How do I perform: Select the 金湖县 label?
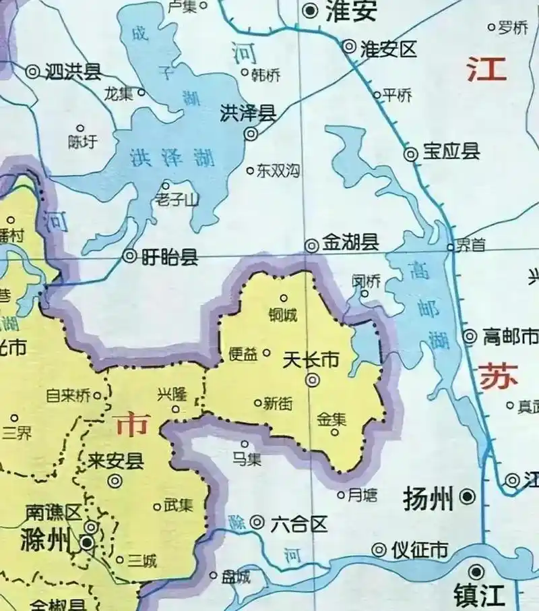(350, 243)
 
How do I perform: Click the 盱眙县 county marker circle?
(130, 256)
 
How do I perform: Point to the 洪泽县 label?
(249, 113)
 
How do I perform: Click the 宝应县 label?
(451, 152)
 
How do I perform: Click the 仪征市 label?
(420, 550)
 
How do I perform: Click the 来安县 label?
(116, 461)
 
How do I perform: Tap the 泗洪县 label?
(73, 69)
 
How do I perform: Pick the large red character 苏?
(499, 376)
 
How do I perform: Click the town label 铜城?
(282, 315)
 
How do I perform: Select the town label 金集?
(331, 419)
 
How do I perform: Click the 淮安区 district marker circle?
(349, 47)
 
